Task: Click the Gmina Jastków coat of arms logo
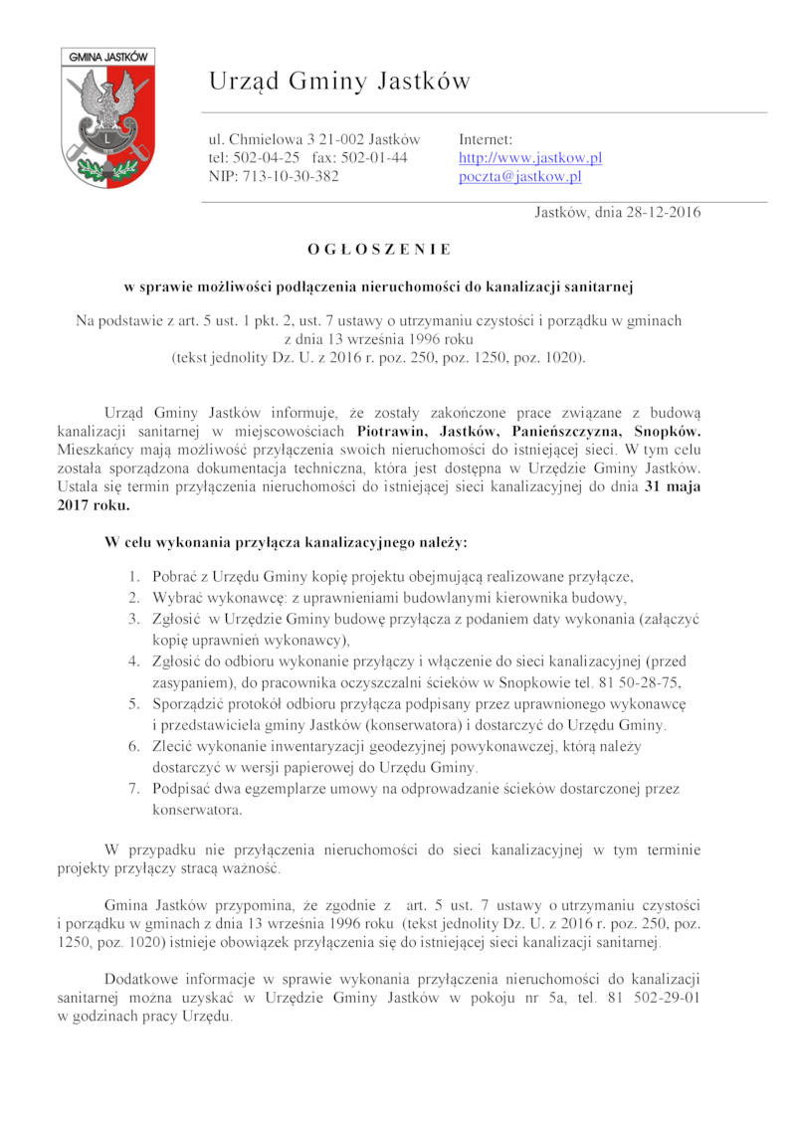click(104, 117)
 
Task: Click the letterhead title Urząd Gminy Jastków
click(339, 82)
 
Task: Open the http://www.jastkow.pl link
click(530, 158)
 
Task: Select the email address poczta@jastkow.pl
click(519, 177)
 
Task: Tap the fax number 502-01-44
click(373, 158)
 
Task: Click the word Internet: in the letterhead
click(486, 139)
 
